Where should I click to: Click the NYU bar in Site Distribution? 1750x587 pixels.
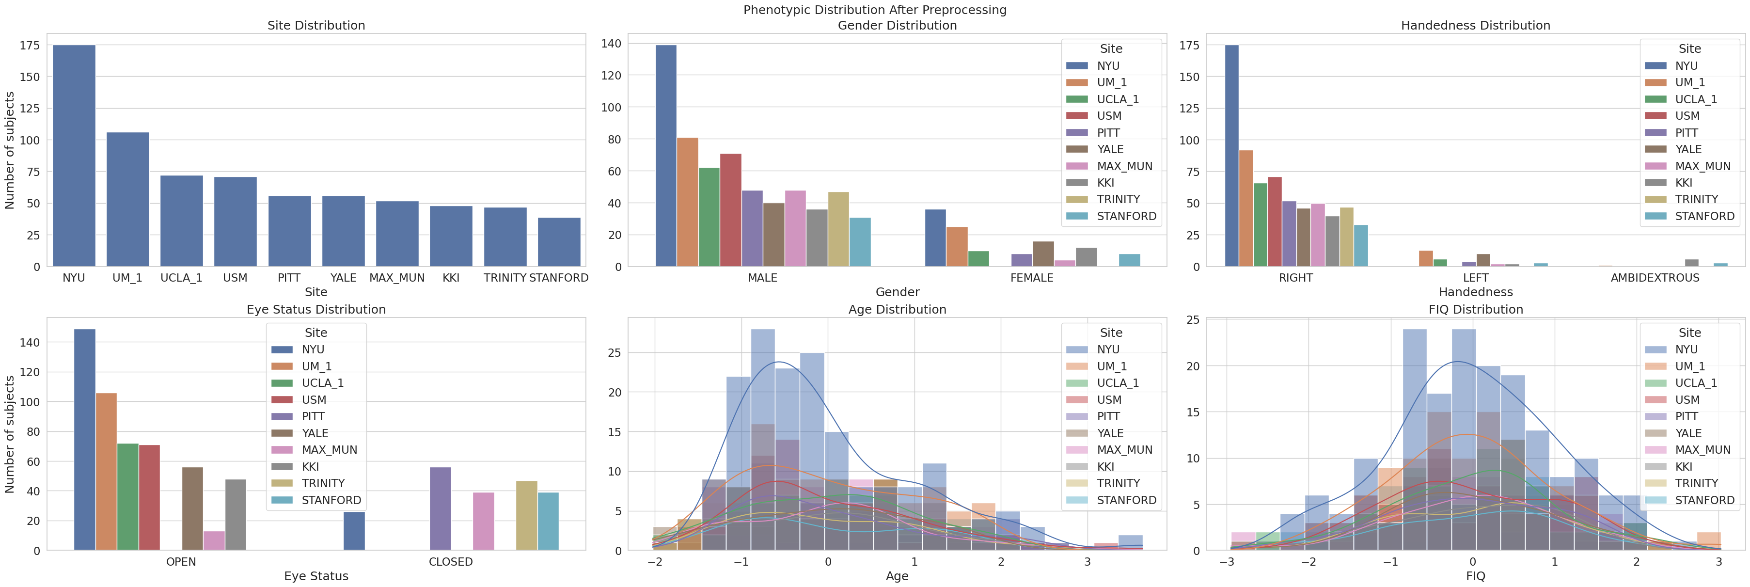click(74, 156)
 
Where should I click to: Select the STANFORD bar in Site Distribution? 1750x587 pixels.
click(559, 242)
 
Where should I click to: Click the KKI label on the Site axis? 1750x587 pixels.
click(451, 278)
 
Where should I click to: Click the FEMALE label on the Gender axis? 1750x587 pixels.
click(1031, 278)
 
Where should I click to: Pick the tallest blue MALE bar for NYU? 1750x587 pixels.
click(666, 156)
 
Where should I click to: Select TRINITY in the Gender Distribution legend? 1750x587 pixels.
click(1118, 199)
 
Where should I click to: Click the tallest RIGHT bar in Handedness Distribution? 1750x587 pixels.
click(1231, 156)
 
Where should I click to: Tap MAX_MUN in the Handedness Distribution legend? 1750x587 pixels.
click(1703, 166)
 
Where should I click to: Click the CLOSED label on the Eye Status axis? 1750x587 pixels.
click(450, 562)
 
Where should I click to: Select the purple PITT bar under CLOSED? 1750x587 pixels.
click(440, 509)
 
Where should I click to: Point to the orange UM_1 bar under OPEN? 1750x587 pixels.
click(106, 472)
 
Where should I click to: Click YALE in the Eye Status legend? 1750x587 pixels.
click(315, 433)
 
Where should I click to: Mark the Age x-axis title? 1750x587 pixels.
click(897, 576)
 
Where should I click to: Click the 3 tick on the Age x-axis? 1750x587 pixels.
click(1087, 562)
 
